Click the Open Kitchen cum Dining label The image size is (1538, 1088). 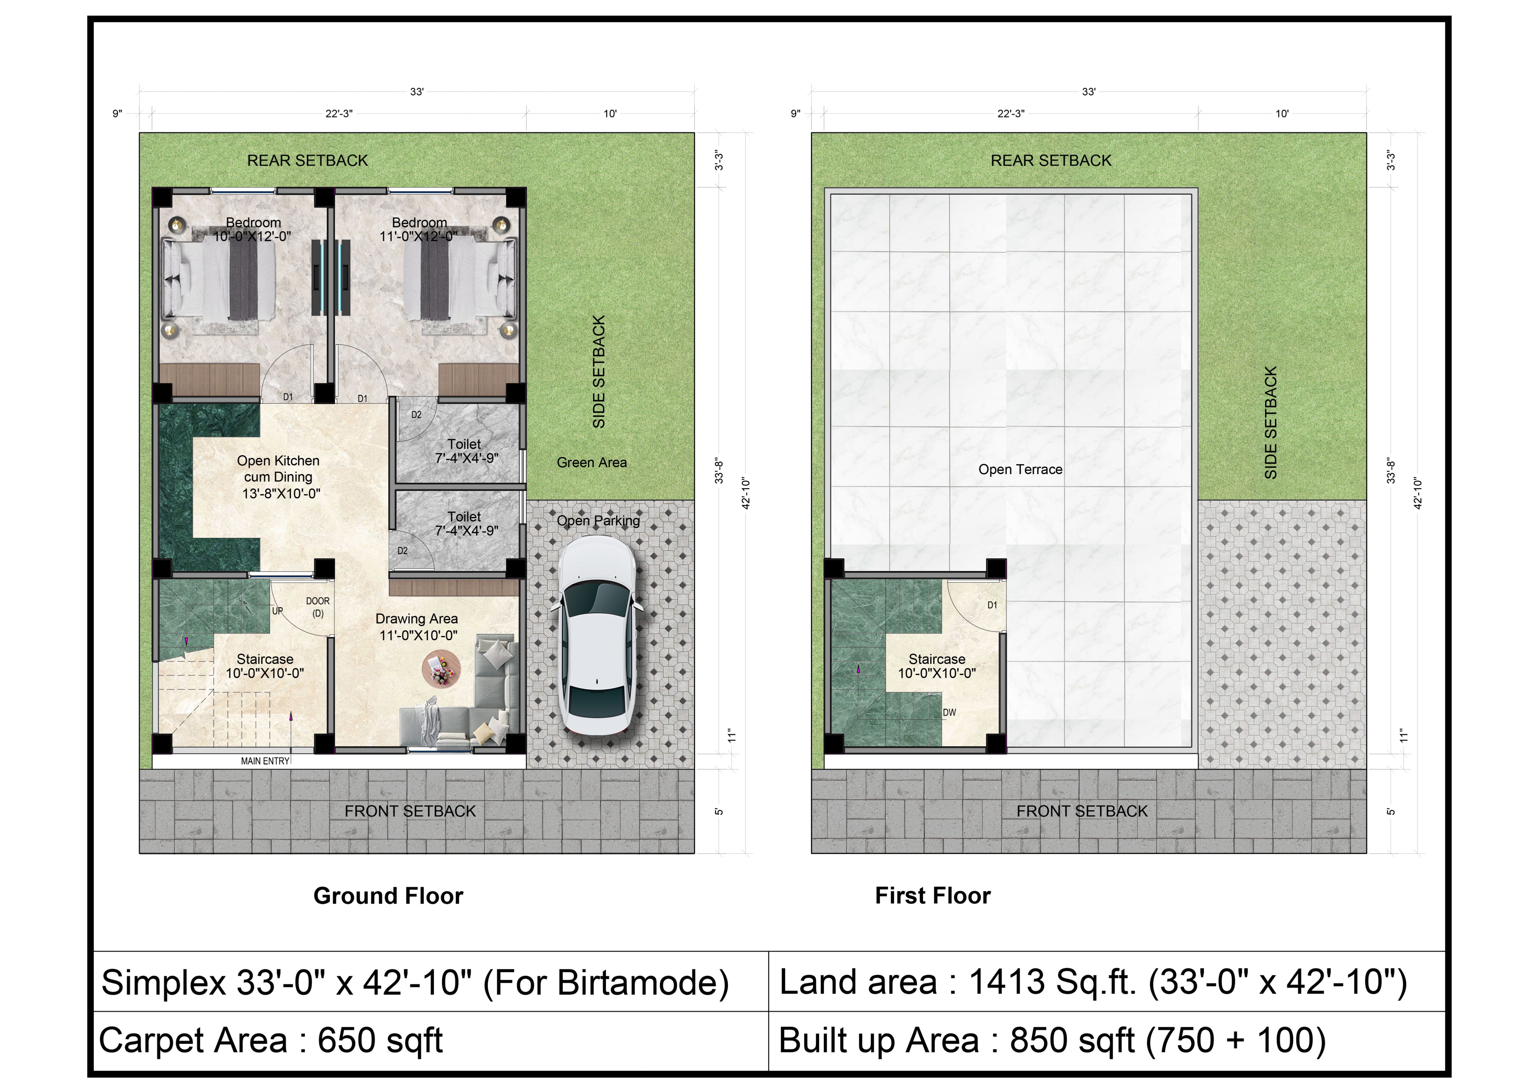click(x=279, y=477)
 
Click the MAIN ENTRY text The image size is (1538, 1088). click(x=265, y=761)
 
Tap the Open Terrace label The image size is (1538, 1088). click(x=1020, y=470)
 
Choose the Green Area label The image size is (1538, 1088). click(x=591, y=462)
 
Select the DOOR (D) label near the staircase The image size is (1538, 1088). click(x=318, y=607)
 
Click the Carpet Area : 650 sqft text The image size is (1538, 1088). click(x=271, y=1041)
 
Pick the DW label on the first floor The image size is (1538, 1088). click(x=949, y=713)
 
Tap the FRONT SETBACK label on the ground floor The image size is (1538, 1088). click(x=410, y=811)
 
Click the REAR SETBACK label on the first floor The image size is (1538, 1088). click(x=1051, y=161)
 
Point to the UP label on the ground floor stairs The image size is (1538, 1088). click(x=277, y=611)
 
